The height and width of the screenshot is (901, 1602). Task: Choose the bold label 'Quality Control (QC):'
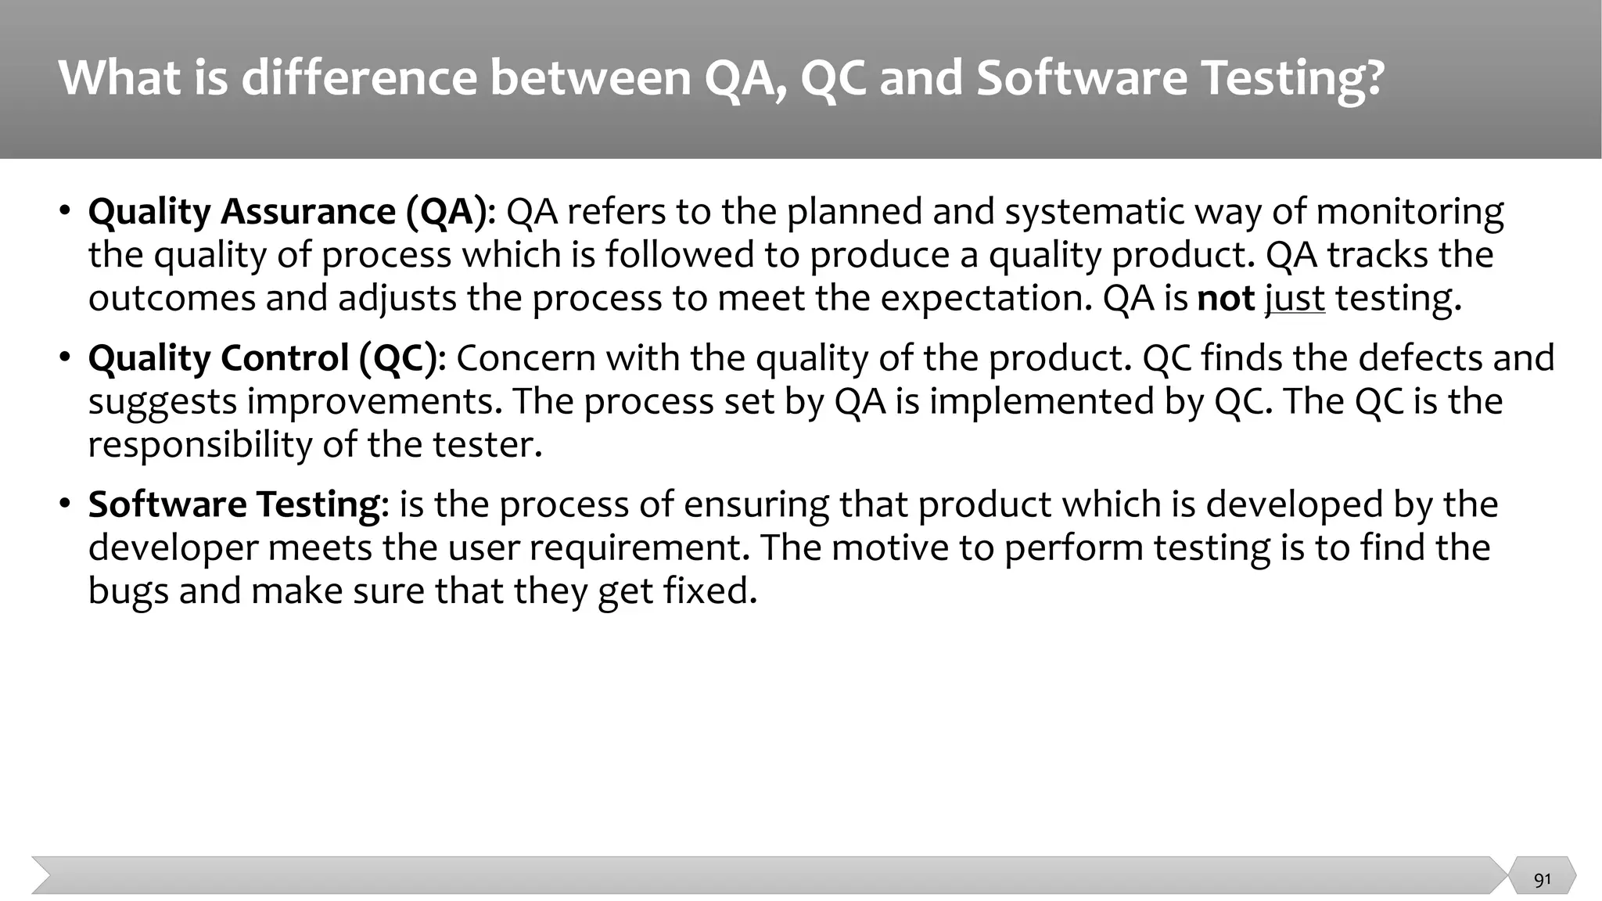tap(267, 358)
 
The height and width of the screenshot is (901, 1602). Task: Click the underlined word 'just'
tap(1295, 299)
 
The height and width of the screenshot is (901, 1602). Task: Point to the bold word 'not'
tap(1226, 299)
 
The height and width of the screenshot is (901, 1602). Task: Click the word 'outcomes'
tap(172, 299)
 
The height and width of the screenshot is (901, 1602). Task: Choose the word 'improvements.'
tap(375, 402)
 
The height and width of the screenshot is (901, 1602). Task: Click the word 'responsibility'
tap(199, 445)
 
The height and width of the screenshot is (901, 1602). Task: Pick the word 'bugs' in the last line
tap(128, 591)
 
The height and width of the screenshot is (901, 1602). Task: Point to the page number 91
tap(1542, 880)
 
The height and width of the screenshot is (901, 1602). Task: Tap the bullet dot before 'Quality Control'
tap(66, 358)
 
